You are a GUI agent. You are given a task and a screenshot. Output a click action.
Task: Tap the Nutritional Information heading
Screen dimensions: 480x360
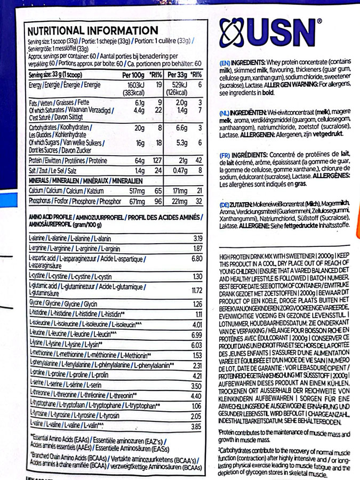[92, 30]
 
